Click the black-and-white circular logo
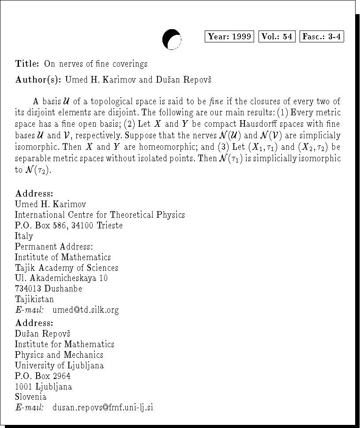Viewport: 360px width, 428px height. coord(172,39)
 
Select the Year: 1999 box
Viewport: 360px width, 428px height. coord(229,37)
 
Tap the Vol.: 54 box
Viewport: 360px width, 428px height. coord(277,37)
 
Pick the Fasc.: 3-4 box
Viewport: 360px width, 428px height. coord(321,37)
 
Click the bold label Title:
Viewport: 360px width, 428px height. coord(27,64)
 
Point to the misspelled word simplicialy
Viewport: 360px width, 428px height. coord(322,135)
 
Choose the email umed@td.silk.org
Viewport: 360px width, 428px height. coord(86,310)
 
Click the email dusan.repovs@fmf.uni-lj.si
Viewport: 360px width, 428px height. coord(103,408)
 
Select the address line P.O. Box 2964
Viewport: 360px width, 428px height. coord(42,376)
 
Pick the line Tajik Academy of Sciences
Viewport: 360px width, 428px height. coord(67,268)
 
